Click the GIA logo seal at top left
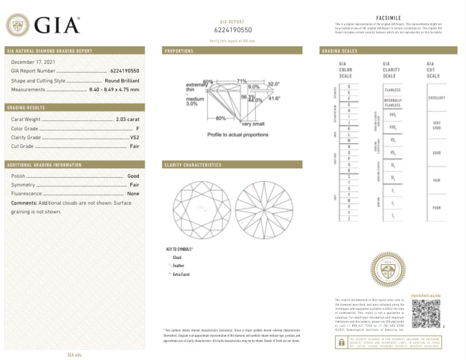coord(18,25)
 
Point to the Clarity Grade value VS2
coord(134,137)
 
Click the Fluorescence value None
coord(133,193)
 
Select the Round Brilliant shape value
coord(122,80)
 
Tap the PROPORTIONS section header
coord(179,51)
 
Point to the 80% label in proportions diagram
coord(220,118)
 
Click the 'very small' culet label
coord(253,124)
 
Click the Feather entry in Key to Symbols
coord(178,265)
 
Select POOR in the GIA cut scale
coord(437,207)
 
